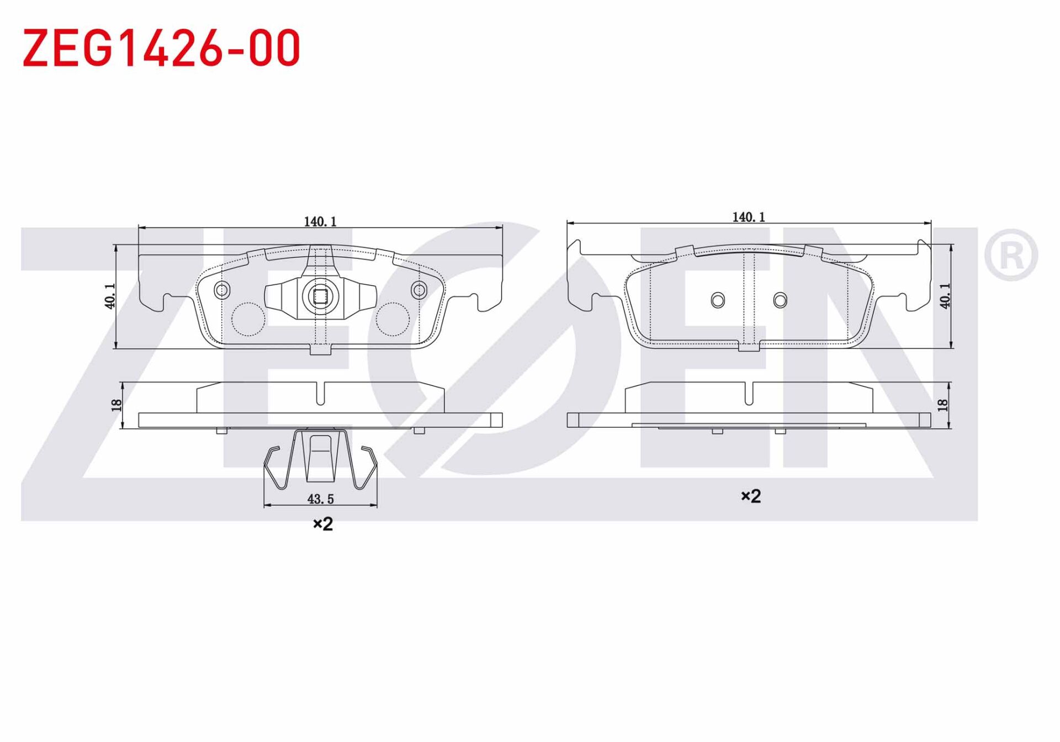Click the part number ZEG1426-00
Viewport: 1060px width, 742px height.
point(161,48)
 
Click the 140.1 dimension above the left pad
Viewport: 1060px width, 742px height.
point(320,221)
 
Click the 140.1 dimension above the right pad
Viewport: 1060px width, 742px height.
point(749,217)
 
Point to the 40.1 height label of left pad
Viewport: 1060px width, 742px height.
point(110,296)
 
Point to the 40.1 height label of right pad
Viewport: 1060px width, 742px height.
point(945,295)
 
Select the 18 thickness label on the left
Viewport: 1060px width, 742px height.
point(116,405)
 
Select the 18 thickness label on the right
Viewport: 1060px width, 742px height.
point(942,405)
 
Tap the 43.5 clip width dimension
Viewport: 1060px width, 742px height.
point(320,499)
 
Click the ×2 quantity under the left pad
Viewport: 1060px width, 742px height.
point(323,523)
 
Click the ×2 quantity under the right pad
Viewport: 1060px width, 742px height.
point(751,496)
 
